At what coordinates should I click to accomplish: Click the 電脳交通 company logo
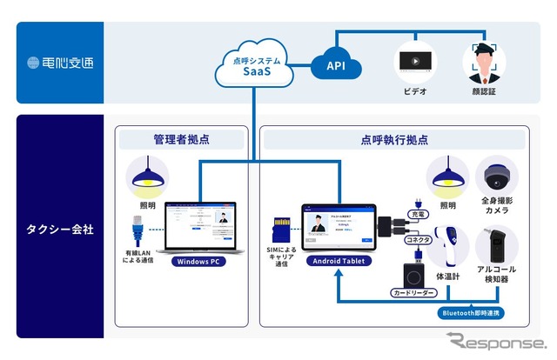click(x=58, y=63)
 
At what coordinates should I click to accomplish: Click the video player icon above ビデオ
click(x=414, y=61)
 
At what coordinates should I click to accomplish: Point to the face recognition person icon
click(x=485, y=60)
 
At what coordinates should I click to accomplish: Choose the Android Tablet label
click(x=337, y=261)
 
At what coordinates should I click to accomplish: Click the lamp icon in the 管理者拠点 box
click(x=147, y=177)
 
